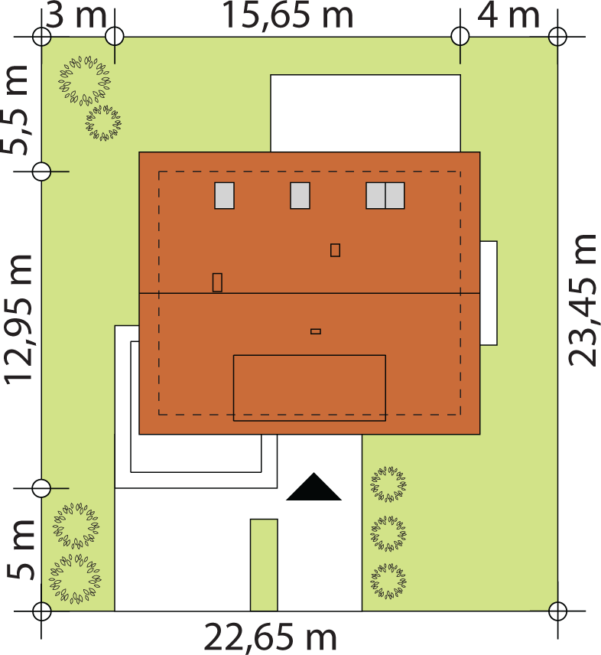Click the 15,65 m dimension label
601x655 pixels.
pyautogui.click(x=288, y=15)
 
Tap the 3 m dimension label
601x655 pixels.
pyautogui.click(x=76, y=15)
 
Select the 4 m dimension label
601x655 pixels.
pyautogui.click(x=508, y=15)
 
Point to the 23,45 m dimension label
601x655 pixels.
pyautogui.click(x=584, y=300)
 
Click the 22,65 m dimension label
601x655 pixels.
pyautogui.click(x=270, y=638)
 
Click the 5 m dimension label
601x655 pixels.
pyautogui.click(x=21, y=549)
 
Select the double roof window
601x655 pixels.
pyautogui.click(x=385, y=195)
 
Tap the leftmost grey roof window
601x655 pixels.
pyautogui.click(x=225, y=195)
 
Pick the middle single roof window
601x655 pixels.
pyautogui.click(x=300, y=195)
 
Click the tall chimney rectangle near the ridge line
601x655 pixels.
pyautogui.click(x=217, y=282)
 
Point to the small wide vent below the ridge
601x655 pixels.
pyautogui.click(x=316, y=331)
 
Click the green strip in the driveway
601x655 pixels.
pyautogui.click(x=264, y=565)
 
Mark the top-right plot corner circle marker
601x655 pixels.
pyautogui.click(x=557, y=36)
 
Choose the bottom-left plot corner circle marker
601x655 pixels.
pyautogui.click(x=41, y=611)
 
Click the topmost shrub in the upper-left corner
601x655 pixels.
pyautogui.click(x=85, y=80)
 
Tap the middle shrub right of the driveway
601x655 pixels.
pyautogui.click(x=388, y=533)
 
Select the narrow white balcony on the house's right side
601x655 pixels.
pyautogui.click(x=489, y=293)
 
